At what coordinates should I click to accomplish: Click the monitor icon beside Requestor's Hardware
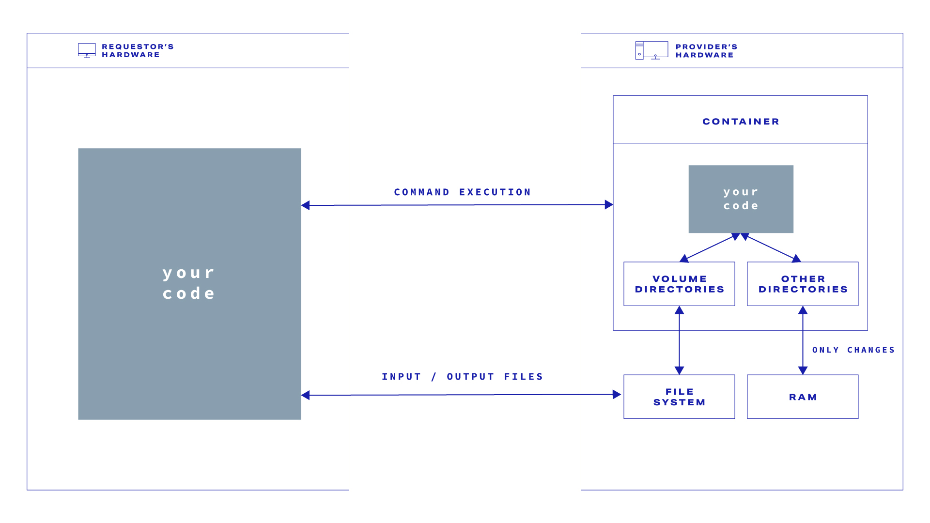tap(87, 50)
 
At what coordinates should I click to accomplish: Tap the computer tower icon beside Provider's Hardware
tap(639, 50)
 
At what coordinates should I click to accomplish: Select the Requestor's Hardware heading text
tap(138, 51)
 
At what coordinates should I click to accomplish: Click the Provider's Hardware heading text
tap(706, 51)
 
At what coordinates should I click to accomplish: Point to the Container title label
tap(741, 122)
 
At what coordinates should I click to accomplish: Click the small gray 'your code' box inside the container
tap(741, 199)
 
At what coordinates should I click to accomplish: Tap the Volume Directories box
tap(679, 284)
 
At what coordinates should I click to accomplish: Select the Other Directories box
tap(803, 284)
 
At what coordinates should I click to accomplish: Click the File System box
tap(679, 397)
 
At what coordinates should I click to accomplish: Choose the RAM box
tap(803, 397)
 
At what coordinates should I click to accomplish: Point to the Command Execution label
tap(463, 192)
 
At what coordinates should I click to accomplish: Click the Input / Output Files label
tap(463, 377)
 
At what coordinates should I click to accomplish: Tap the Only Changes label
tap(853, 350)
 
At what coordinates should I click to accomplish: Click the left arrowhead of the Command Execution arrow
tap(306, 205)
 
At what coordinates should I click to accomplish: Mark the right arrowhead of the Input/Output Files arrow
tap(617, 395)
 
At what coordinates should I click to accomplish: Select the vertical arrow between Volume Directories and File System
tap(679, 340)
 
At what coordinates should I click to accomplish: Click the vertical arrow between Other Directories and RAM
tap(803, 340)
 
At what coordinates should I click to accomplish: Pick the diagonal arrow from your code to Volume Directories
tap(710, 248)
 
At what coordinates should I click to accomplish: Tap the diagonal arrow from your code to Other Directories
tap(771, 248)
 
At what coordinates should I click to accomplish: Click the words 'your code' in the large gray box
tap(189, 283)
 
